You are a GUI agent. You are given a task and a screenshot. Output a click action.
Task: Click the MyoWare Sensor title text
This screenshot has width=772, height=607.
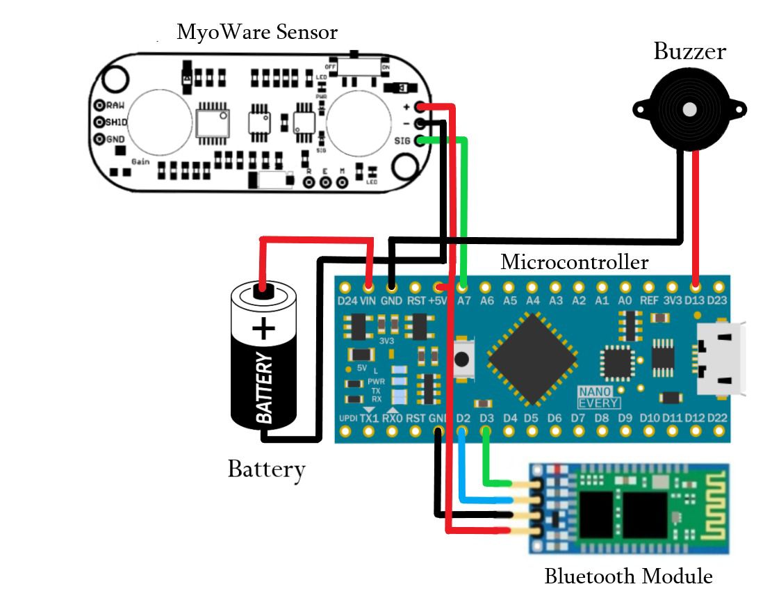257,32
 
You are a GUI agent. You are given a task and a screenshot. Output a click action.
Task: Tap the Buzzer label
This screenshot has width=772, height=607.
689,51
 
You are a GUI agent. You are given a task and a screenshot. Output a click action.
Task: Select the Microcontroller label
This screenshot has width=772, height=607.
574,262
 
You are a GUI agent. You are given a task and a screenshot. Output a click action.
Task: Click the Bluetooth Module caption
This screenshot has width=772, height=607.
628,576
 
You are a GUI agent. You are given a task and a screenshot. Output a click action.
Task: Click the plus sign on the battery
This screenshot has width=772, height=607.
263,327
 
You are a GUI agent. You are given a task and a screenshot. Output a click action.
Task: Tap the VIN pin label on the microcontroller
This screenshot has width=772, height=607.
368,301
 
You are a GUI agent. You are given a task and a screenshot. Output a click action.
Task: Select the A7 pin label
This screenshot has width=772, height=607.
464,301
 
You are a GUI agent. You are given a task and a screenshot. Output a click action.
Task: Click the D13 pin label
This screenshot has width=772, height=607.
696,301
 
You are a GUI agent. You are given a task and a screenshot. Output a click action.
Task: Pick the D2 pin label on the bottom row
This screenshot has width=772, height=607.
464,418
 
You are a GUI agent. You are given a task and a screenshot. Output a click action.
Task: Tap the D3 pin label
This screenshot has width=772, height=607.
486,418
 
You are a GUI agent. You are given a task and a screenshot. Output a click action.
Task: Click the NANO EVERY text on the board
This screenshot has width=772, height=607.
599,397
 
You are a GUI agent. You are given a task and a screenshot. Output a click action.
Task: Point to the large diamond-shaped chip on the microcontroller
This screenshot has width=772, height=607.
532,359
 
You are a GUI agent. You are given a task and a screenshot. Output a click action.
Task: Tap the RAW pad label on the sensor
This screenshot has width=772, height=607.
115,105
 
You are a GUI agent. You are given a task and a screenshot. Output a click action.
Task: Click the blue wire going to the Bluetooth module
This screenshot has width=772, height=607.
463,473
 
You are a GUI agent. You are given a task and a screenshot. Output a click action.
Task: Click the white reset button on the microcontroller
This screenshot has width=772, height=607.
461,359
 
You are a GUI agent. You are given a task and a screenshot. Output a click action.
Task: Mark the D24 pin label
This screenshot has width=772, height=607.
346,301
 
